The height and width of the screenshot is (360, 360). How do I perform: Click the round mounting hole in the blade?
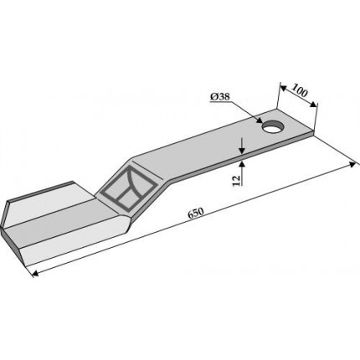(x=273, y=127)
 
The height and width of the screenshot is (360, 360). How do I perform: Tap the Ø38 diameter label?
(x=220, y=97)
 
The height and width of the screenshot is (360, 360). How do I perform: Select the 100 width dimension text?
(x=300, y=90)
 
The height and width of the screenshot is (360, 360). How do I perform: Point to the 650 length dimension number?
(x=196, y=213)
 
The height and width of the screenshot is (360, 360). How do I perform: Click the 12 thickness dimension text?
(x=236, y=180)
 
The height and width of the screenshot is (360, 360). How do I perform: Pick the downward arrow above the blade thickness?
(x=242, y=146)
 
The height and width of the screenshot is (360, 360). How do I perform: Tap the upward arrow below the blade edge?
(x=242, y=173)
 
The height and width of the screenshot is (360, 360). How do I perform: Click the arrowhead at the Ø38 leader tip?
(x=260, y=121)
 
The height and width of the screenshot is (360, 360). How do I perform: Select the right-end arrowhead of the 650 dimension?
(x=353, y=164)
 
